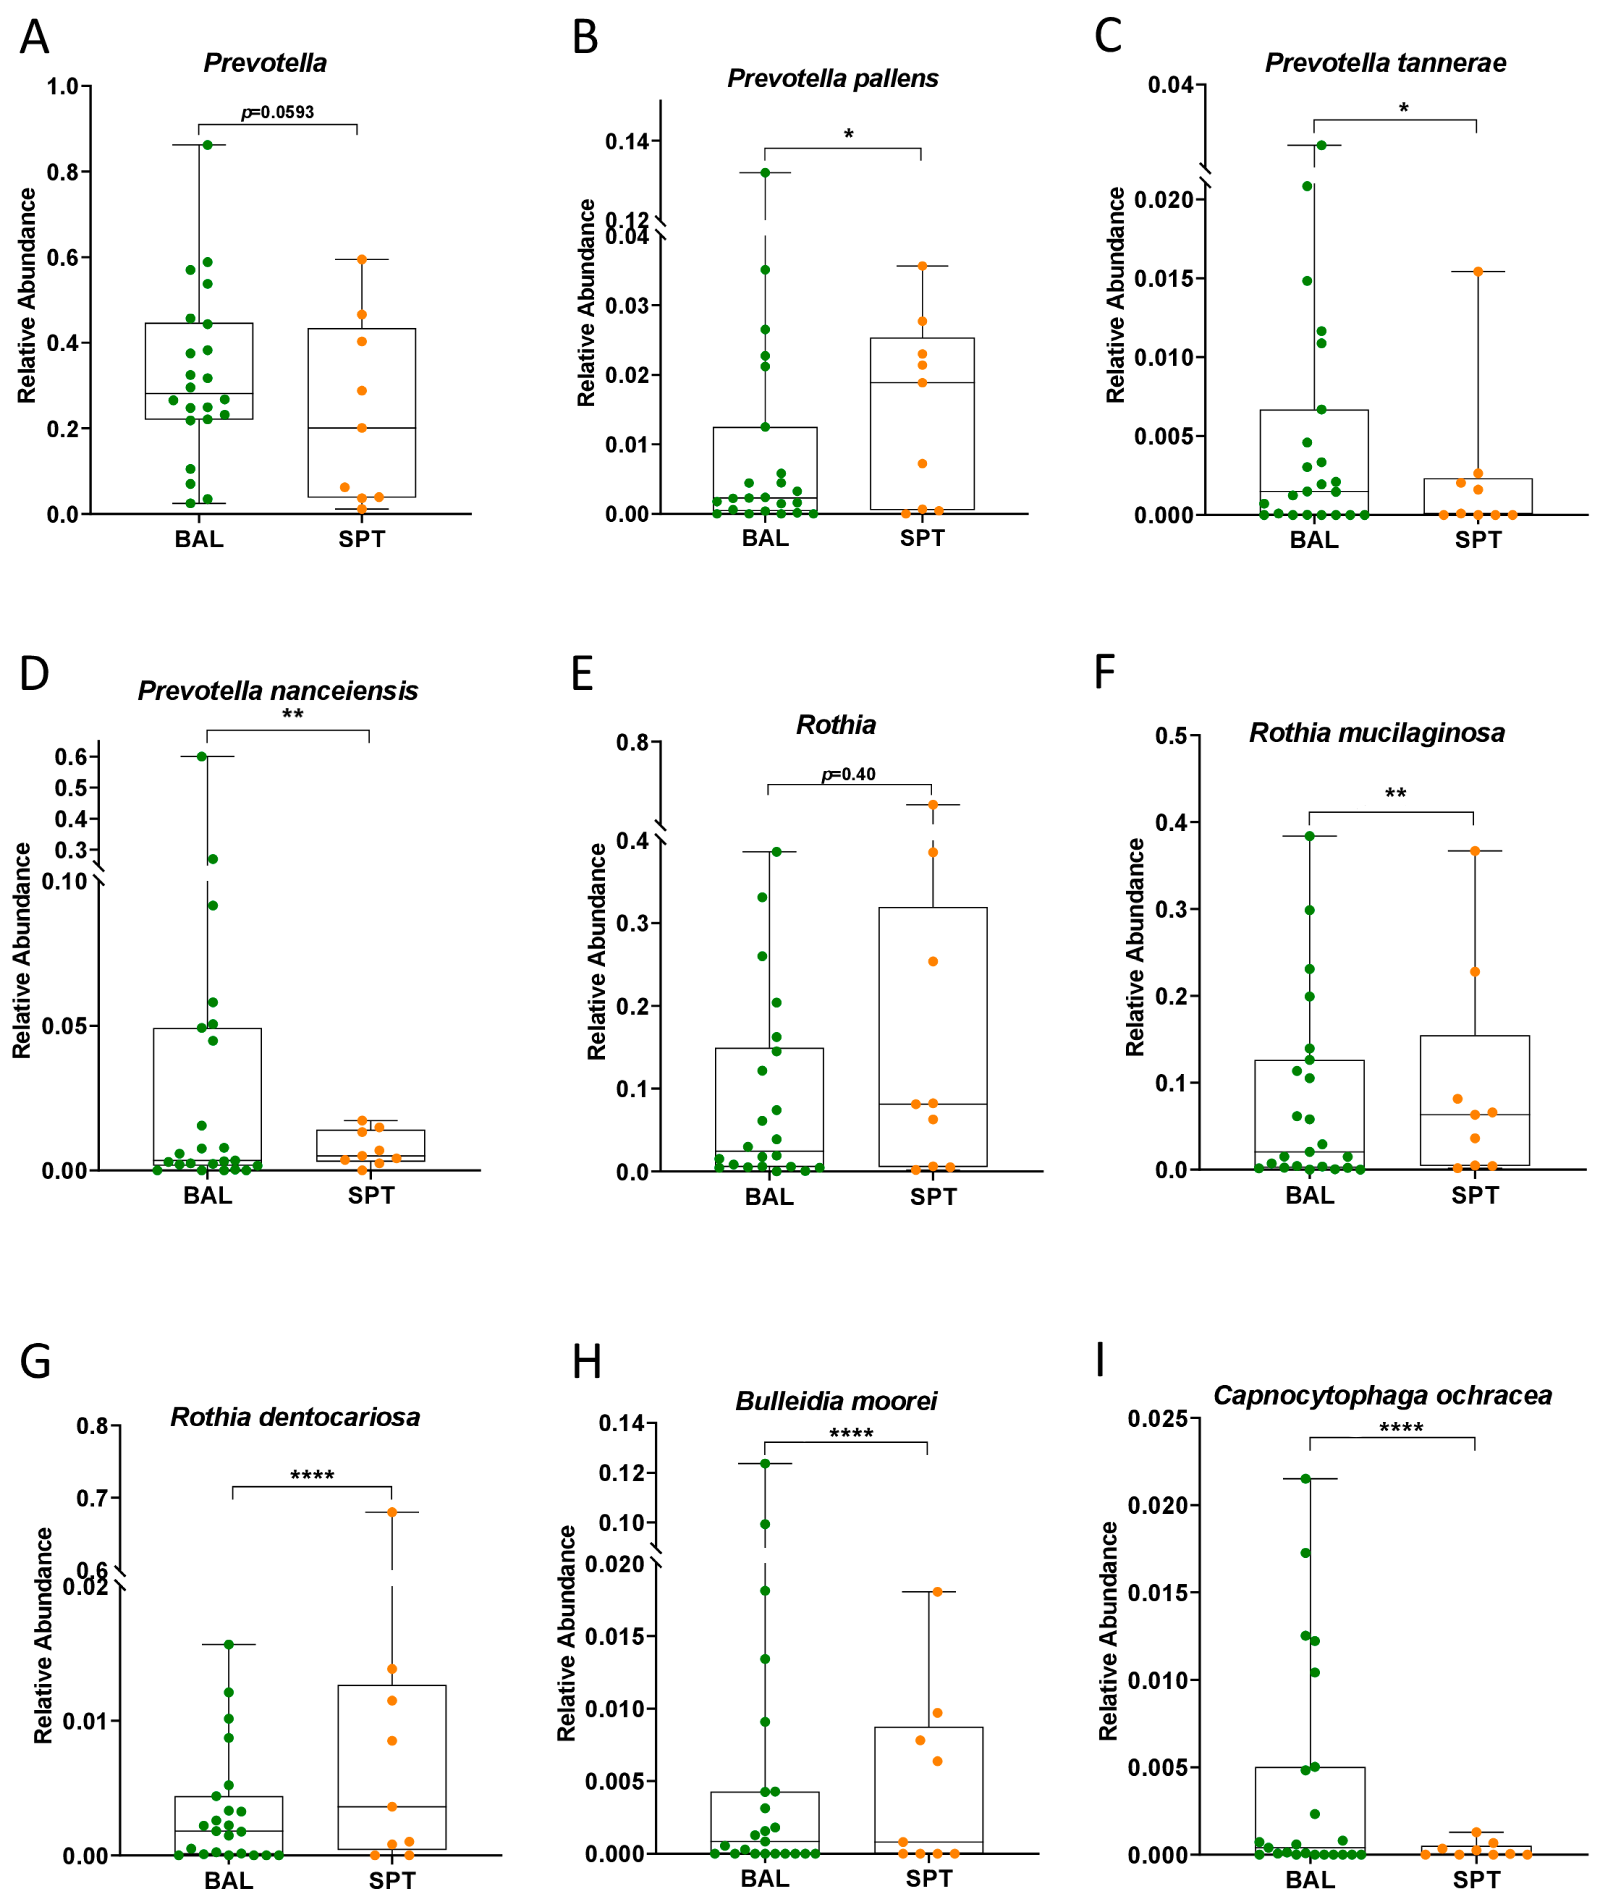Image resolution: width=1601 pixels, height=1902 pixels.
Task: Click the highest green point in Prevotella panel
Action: coord(207,145)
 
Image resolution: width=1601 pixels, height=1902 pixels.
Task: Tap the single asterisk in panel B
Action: coord(848,135)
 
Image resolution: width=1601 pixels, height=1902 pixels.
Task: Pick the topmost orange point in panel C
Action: coord(1477,272)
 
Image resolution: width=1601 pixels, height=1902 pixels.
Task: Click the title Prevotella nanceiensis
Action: coord(277,691)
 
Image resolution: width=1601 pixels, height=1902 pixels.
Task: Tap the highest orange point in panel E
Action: coord(932,804)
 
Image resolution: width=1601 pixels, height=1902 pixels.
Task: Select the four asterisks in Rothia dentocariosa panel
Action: coord(312,1475)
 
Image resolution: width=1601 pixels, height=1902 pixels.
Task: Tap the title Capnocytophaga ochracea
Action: coord(1382,1395)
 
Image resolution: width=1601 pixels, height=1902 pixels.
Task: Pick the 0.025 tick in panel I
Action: coord(1157,1419)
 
